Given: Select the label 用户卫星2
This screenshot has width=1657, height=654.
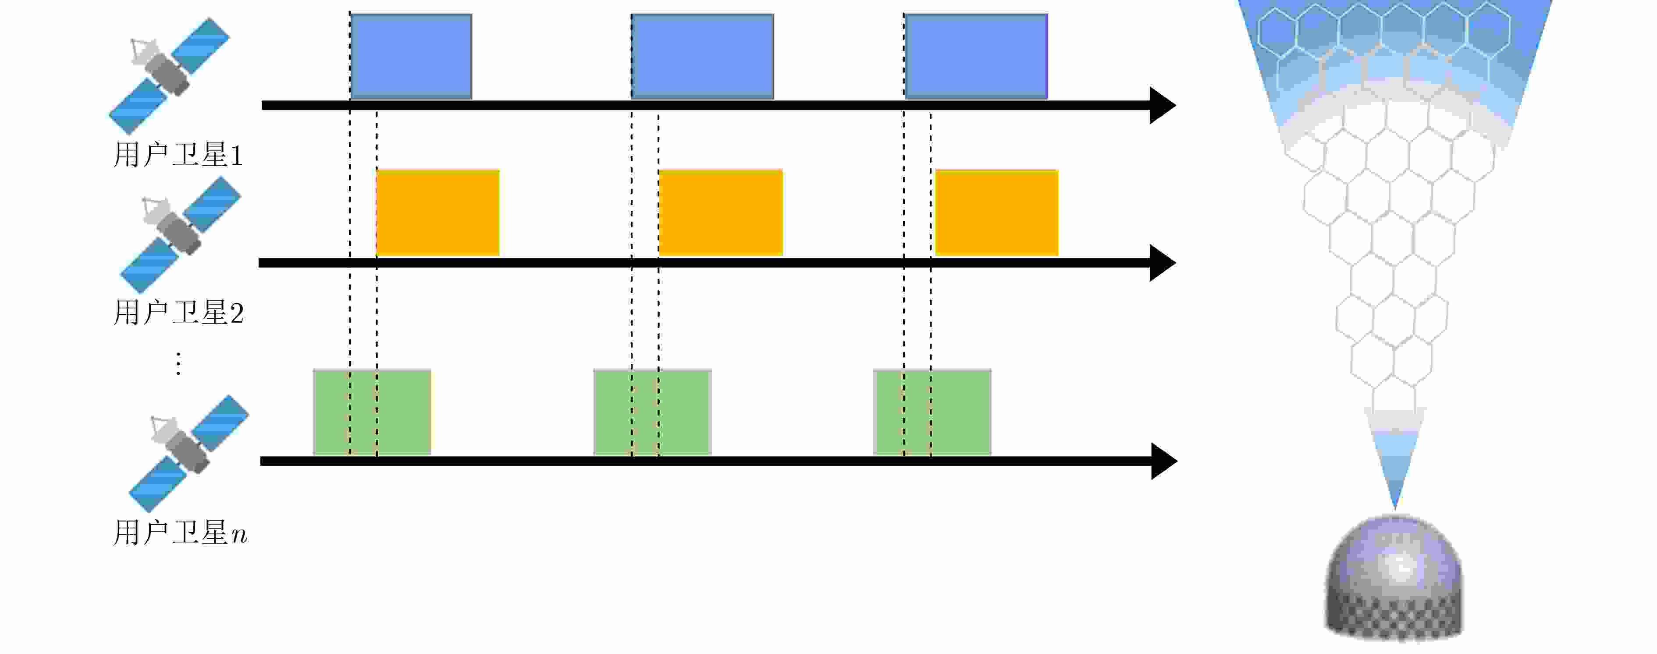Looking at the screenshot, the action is coord(178,313).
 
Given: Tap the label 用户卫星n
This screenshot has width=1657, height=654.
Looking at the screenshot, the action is coord(180,533).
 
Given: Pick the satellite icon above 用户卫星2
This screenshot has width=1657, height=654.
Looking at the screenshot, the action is coord(180,235).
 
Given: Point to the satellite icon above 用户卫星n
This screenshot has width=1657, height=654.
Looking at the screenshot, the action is coord(188,453).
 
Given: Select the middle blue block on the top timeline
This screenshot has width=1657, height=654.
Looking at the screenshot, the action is coord(702,57).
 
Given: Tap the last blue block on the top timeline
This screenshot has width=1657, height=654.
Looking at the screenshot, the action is coord(976,57).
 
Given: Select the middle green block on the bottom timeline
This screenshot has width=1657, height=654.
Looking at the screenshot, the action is coord(652,412).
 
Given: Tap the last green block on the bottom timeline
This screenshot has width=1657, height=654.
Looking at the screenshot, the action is coord(932,412).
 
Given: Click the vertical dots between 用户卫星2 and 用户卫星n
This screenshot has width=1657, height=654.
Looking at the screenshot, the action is coord(178,363).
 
